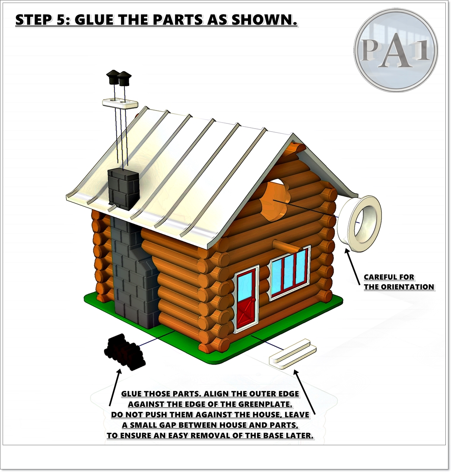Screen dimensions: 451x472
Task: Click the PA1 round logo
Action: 396,50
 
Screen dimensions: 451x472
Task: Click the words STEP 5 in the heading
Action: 42,20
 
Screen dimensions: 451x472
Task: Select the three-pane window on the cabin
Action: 290,273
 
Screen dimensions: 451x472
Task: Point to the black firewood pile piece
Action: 124,352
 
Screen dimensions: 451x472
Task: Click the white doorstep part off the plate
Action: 292,354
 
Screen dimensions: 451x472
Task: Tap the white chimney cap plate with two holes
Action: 120,103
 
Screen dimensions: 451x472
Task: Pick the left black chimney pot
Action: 113,77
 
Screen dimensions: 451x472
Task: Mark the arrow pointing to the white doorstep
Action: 305,393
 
